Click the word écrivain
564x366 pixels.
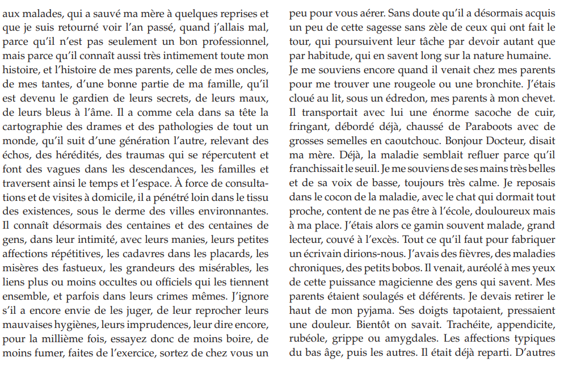click(321, 253)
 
